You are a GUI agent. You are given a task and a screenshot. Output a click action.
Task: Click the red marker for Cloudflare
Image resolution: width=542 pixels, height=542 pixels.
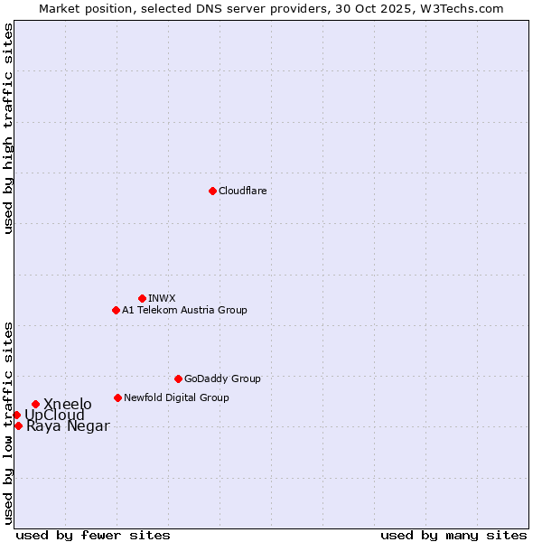pos(212,191)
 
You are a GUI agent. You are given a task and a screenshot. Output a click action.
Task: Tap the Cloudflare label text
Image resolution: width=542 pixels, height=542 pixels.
pos(242,191)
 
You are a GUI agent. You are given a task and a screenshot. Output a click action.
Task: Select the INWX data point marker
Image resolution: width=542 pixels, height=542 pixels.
pos(142,298)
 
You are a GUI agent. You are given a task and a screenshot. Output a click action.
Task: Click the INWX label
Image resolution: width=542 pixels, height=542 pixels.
pos(162,298)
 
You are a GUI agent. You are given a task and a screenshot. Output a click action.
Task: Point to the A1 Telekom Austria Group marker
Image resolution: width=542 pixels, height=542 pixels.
pos(116,310)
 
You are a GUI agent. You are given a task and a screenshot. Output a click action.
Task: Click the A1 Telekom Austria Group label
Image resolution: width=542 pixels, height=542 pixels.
pos(184,310)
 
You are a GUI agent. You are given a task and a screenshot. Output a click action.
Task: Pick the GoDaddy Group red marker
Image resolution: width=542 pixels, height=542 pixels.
pos(178,378)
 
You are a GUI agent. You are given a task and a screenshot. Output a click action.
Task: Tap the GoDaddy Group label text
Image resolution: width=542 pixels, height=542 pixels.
pos(221,378)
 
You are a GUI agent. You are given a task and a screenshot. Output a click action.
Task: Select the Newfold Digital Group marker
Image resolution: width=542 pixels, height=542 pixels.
pos(117,397)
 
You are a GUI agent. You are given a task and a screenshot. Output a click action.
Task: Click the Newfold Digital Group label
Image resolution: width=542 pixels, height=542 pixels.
pos(176,397)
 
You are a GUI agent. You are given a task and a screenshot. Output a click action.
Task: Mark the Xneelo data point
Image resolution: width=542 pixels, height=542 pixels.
pos(35,404)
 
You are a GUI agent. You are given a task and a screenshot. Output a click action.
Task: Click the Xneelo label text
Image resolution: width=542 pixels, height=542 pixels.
pos(68,404)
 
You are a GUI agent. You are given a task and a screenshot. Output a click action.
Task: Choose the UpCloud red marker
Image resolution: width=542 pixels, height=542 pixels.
pos(16,415)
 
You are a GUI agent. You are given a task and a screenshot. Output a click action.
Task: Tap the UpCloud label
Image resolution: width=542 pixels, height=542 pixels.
pos(54,416)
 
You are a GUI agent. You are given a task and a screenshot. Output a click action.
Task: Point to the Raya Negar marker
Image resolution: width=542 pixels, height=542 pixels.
pos(18,425)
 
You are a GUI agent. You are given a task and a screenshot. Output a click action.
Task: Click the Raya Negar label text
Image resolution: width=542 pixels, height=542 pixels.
pos(68,426)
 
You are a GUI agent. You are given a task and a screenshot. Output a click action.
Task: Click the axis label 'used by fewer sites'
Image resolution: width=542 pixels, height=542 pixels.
pos(93,535)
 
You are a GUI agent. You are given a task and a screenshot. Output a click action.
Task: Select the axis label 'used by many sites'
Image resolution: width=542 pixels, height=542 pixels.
pos(453,535)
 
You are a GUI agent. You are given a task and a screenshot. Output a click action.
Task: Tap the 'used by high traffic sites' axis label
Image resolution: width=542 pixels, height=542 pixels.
pos(9,128)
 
